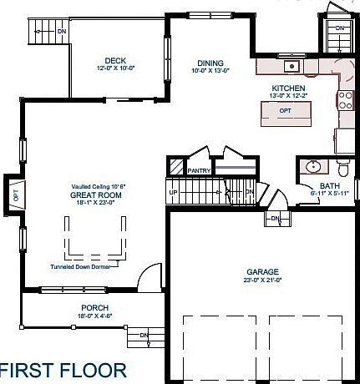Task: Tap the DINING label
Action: pyautogui.click(x=210, y=63)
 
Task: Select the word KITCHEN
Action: pyautogui.click(x=287, y=88)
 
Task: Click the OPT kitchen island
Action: pyautogui.click(x=285, y=110)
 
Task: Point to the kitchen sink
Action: pyautogui.click(x=292, y=66)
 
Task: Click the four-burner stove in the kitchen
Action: pyautogui.click(x=344, y=100)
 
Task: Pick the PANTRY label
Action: pyautogui.click(x=199, y=170)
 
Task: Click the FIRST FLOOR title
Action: pyautogui.click(x=63, y=368)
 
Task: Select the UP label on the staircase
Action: pyautogui.click(x=174, y=192)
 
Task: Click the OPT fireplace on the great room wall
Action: pyautogui.click(x=15, y=197)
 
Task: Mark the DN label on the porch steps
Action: pyautogui.click(x=143, y=336)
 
